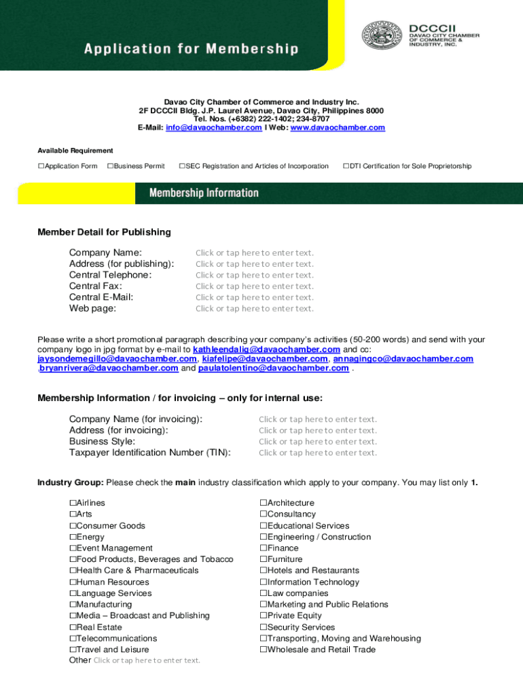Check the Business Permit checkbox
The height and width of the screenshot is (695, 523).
click(110, 166)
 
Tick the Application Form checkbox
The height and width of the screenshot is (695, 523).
click(41, 166)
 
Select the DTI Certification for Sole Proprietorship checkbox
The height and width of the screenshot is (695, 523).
click(346, 166)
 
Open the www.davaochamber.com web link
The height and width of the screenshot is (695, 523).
click(338, 128)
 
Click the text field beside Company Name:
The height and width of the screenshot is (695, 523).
click(255, 253)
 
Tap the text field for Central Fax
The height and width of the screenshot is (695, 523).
click(255, 286)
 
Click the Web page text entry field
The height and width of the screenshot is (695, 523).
click(255, 309)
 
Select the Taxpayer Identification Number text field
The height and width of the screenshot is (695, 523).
click(317, 453)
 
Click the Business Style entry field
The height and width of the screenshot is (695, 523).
click(317, 442)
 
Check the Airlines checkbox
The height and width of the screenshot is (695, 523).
click(73, 504)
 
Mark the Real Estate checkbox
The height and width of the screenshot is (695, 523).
click(73, 628)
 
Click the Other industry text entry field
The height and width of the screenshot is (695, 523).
click(147, 660)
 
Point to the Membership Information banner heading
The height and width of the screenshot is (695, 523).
click(204, 193)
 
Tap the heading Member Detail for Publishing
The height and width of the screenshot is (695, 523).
click(104, 232)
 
